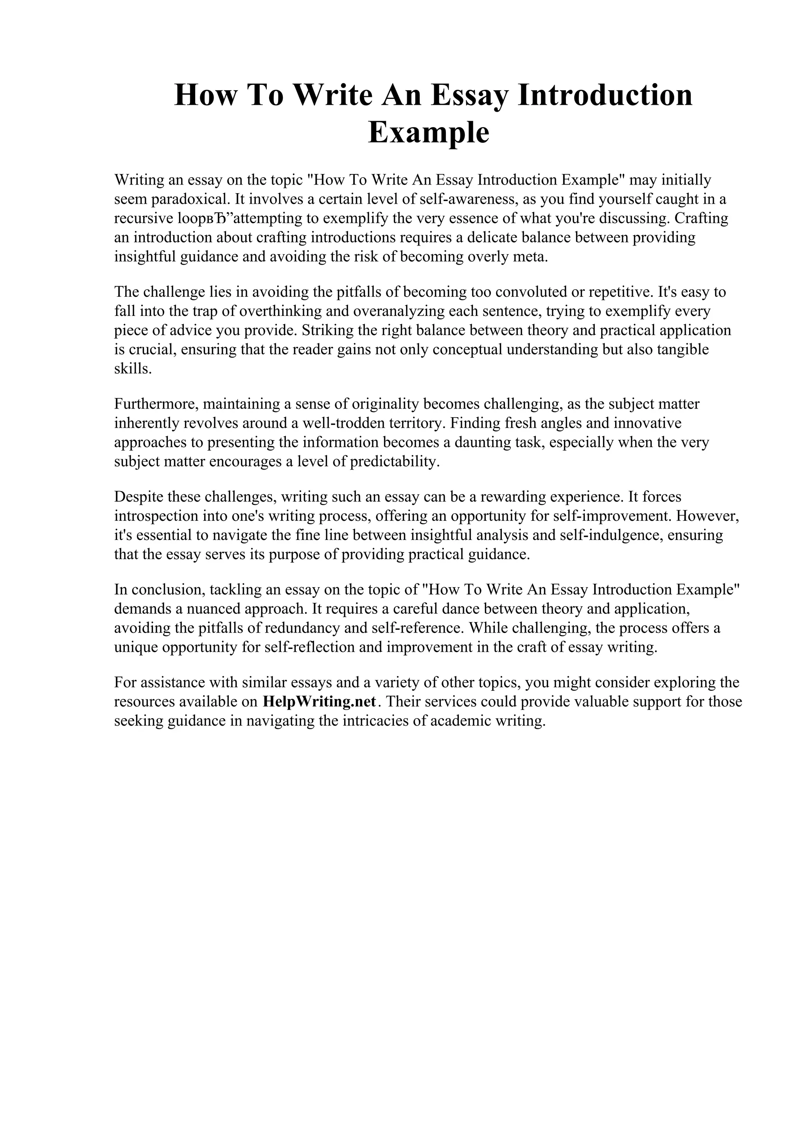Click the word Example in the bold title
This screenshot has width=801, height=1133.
[428, 133]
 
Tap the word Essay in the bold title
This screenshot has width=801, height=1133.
[469, 95]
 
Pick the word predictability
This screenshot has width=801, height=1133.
[394, 461]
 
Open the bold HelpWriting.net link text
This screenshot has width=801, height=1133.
[319, 702]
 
